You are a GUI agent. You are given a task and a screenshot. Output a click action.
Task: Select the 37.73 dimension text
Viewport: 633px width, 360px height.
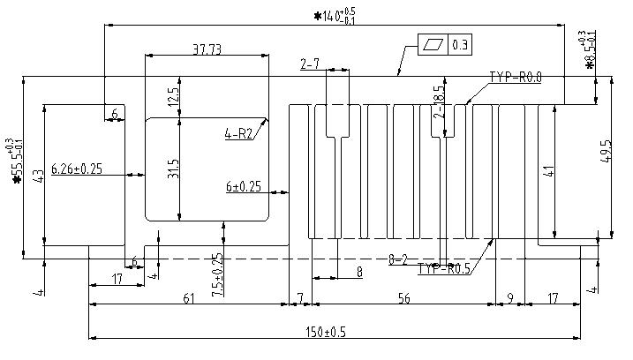[207, 49]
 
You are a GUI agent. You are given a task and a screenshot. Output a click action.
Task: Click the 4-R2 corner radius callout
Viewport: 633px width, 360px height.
[239, 134]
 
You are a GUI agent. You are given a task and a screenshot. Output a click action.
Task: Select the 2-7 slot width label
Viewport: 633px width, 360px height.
[310, 64]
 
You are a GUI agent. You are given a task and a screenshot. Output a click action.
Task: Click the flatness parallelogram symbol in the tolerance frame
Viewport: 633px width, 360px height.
[433, 44]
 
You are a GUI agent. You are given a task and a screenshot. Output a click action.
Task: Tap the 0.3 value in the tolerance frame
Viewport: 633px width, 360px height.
[460, 44]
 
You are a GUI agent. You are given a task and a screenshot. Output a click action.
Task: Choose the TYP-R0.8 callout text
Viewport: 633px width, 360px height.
[515, 78]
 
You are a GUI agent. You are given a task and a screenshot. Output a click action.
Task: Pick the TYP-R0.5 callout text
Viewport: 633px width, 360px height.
[444, 268]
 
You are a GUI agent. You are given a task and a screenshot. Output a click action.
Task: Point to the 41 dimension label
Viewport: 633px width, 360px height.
[549, 171]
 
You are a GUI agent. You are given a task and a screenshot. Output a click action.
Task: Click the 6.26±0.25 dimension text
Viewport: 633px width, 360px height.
[78, 168]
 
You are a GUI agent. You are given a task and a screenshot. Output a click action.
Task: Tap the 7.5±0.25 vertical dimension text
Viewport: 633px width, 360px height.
[217, 270]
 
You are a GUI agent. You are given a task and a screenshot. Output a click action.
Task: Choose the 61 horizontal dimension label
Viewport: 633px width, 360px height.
[188, 299]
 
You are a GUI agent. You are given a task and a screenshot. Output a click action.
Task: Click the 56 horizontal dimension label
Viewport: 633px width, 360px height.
[403, 299]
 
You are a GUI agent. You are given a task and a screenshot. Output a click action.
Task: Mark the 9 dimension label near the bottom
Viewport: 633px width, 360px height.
[510, 299]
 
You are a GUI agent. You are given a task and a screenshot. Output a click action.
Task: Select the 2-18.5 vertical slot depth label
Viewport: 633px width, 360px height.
[439, 101]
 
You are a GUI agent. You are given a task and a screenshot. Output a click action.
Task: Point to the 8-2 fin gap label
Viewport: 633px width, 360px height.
[397, 259]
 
